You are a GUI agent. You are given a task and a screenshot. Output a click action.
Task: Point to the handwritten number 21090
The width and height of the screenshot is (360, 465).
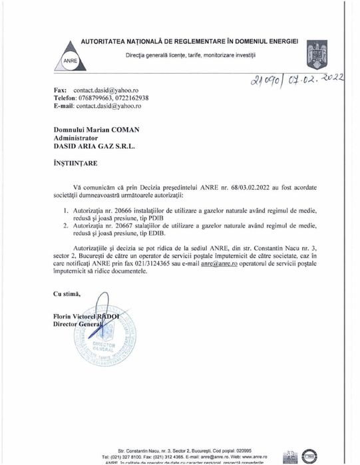coord(248,85)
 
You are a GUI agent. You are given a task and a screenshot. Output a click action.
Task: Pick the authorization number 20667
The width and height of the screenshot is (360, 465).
coord(130,226)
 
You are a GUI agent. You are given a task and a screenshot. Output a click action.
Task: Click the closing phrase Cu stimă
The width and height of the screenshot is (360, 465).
coord(67,293)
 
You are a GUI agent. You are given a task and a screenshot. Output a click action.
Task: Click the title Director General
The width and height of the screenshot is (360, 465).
coord(79,324)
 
